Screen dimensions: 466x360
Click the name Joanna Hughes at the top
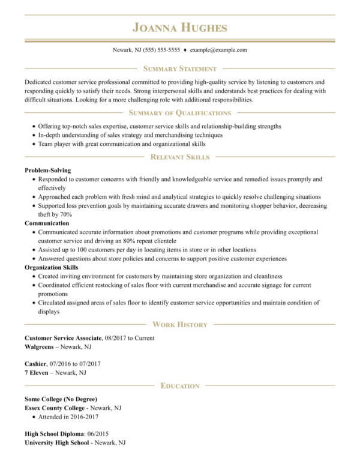coord(180,28)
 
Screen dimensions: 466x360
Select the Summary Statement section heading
coord(180,69)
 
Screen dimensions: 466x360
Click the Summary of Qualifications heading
coord(180,113)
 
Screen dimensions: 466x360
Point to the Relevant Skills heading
coord(180,157)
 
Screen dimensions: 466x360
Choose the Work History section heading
coord(180,324)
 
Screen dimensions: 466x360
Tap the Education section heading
coord(180,386)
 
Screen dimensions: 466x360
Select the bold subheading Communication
coord(47,223)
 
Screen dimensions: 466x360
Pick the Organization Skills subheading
coord(52,267)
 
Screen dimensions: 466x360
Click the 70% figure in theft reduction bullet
coord(65,214)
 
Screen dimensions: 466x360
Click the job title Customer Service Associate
coord(64,338)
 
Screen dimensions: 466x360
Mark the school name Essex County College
coord(58,408)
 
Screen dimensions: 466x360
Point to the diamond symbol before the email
coord(185,50)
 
